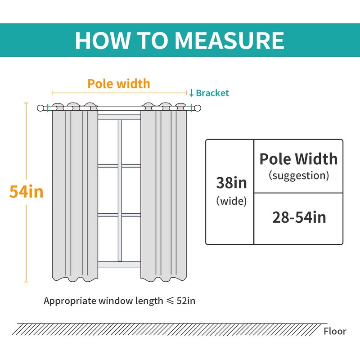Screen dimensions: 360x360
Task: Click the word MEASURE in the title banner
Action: click(x=229, y=40)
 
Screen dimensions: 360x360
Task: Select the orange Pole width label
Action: click(x=119, y=83)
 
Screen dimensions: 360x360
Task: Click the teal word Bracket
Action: click(x=212, y=93)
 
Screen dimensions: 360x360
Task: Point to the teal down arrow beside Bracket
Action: click(x=191, y=93)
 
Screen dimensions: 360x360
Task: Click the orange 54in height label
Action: click(x=27, y=192)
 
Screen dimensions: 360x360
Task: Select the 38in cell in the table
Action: click(x=231, y=183)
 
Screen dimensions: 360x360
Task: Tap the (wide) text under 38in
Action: click(x=231, y=201)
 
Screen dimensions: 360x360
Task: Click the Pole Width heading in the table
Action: click(x=298, y=159)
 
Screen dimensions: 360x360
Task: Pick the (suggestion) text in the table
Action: click(x=298, y=175)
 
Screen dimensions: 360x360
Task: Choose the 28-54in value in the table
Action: click(x=298, y=218)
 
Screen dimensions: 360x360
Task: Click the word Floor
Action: click(x=335, y=332)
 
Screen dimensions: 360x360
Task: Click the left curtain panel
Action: click(x=75, y=193)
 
